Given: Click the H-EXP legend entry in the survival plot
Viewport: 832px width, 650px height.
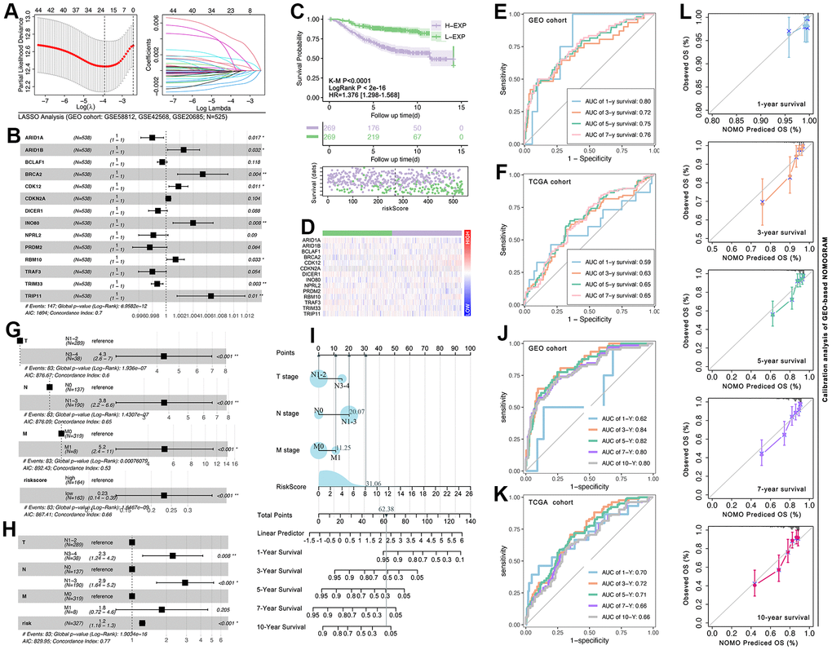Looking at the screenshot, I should [450, 25].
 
